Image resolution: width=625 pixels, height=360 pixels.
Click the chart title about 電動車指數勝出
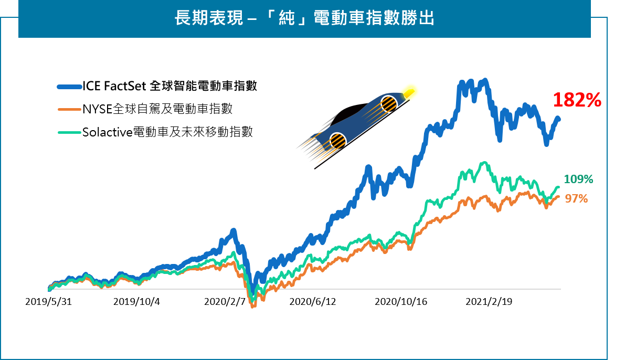click(304, 19)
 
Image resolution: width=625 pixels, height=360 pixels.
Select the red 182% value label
click(577, 100)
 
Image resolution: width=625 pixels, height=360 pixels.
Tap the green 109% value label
click(578, 179)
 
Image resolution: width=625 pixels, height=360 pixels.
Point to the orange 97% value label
click(576, 199)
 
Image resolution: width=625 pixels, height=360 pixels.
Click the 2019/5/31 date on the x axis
click(48, 302)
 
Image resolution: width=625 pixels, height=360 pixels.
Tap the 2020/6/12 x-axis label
click(313, 302)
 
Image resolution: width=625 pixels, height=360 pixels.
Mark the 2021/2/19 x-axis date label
click(489, 302)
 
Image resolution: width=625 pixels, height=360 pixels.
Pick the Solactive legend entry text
click(167, 132)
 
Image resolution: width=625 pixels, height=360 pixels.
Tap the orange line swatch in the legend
click(69, 110)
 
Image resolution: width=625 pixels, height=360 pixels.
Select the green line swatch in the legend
click(69, 132)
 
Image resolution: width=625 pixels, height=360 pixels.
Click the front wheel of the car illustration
click(389, 104)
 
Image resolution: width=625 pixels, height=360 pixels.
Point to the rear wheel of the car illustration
click(338, 141)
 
